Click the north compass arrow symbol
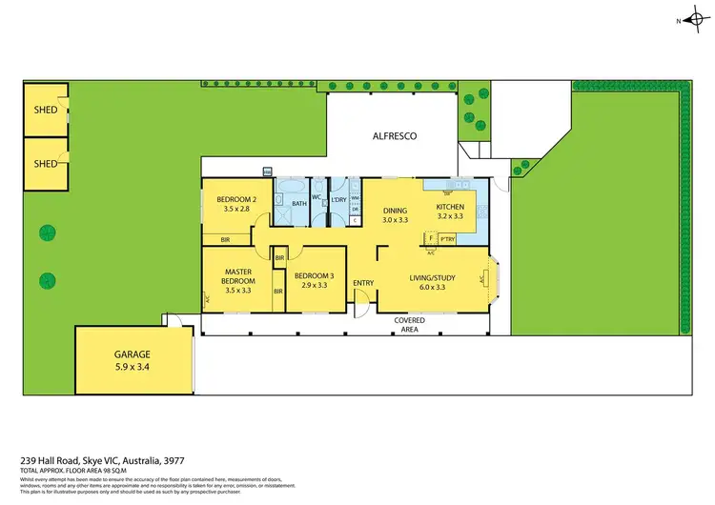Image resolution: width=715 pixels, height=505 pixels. (x=691, y=20)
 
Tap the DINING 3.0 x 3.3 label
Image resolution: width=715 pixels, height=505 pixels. (x=396, y=215)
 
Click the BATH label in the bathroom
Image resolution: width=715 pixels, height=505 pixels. (x=298, y=203)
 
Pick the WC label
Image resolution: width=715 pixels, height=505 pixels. (x=317, y=197)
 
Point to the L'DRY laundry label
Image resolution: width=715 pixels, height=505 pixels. (x=338, y=199)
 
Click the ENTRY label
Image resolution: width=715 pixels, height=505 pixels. (x=363, y=283)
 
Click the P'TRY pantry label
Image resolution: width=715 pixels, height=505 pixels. (x=446, y=239)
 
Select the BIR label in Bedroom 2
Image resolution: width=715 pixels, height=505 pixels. (x=226, y=240)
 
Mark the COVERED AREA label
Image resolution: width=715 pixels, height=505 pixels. (x=410, y=325)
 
